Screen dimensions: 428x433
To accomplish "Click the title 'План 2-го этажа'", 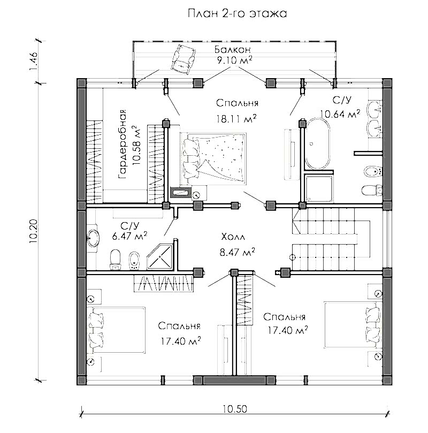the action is [x=237, y=13].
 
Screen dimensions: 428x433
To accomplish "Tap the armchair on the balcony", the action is [x=183, y=59].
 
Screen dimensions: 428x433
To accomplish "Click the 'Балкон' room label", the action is [x=233, y=49].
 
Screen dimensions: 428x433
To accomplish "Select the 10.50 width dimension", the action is [x=234, y=409].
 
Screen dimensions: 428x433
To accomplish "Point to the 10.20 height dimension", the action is [x=33, y=231].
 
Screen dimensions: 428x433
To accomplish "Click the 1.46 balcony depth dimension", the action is [x=33, y=62].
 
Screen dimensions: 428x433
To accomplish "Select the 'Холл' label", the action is [x=233, y=237].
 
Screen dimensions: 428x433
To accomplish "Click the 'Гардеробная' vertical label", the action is [x=122, y=144].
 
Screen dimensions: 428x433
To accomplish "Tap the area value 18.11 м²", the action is [x=236, y=119].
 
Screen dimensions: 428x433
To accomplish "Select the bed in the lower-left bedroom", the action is [x=116, y=330].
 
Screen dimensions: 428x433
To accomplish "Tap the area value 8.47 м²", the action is [x=237, y=252].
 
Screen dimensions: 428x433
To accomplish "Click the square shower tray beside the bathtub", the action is [x=319, y=188].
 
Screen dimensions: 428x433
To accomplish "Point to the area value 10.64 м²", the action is [x=340, y=114].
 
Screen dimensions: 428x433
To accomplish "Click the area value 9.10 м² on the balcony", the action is [x=234, y=60].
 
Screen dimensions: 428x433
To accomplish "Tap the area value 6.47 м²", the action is [x=129, y=236].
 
